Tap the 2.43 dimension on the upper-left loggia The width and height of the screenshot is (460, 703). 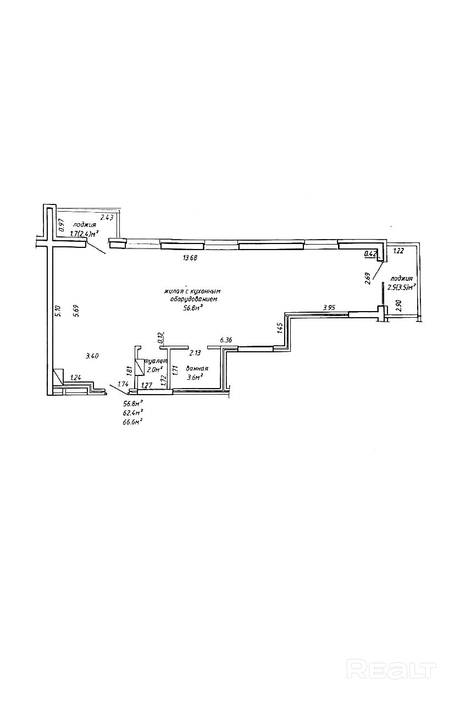tap(107, 218)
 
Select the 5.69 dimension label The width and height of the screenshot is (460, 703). tap(76, 312)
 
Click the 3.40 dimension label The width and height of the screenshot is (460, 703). tap(92, 356)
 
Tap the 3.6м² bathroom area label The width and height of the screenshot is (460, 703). tap(196, 377)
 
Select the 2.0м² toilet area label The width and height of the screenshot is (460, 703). tap(155, 369)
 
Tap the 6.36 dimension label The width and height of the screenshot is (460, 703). tap(226, 341)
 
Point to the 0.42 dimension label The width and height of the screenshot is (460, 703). tap(370, 254)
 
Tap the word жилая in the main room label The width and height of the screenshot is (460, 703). tap(174, 291)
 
